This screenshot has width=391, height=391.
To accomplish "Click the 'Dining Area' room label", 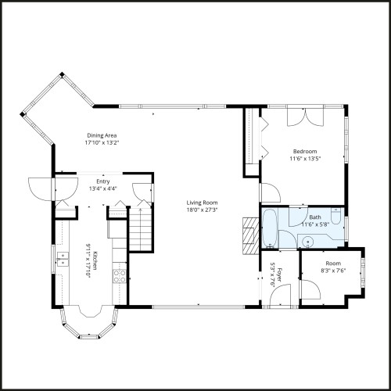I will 101,135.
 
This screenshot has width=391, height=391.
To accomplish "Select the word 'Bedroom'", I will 305,151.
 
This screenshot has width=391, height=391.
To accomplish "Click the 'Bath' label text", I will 315,217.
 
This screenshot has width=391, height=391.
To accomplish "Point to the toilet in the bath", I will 336,221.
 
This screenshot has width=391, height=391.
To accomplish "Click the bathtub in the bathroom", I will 268,227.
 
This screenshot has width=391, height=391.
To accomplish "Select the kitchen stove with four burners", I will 120,275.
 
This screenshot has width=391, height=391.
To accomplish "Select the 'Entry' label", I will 103,181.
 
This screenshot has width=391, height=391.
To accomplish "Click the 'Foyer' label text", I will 278,275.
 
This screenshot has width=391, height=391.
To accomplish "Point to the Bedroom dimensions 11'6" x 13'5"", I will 305,159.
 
